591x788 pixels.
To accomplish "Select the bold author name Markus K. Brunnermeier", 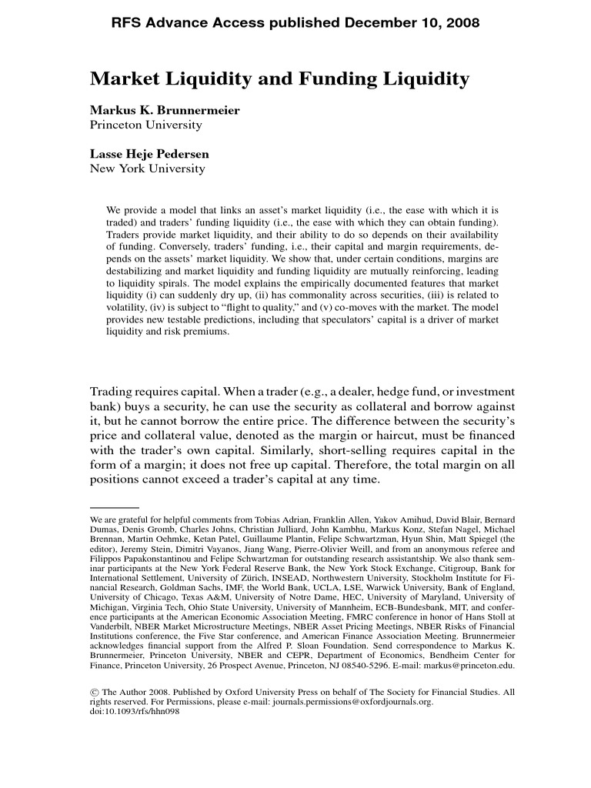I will click(x=165, y=110).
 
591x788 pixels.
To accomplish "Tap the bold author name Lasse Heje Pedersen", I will click(x=149, y=154).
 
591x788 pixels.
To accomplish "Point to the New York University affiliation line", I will click(x=148, y=169).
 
